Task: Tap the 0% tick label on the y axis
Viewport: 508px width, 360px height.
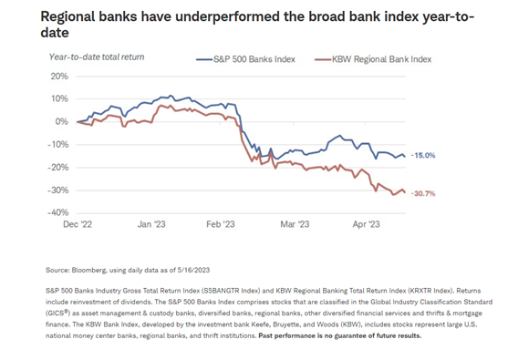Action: point(62,121)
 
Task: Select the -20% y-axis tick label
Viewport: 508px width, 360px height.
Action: point(57,167)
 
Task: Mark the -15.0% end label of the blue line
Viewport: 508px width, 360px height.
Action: point(424,156)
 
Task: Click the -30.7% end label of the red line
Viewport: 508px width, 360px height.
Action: point(424,192)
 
